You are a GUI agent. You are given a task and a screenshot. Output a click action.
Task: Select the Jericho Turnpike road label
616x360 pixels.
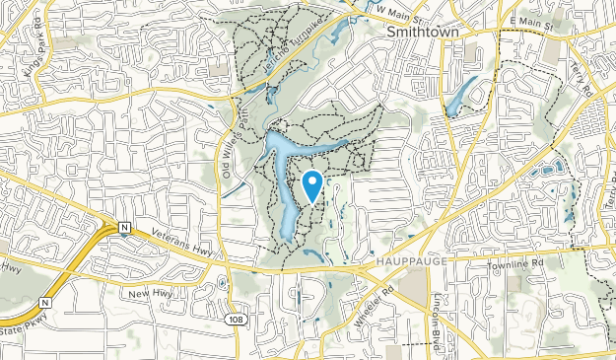point(286,46)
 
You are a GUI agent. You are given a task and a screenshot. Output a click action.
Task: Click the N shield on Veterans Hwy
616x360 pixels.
point(124,229)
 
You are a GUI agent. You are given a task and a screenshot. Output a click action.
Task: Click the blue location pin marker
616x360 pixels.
point(312,184)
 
